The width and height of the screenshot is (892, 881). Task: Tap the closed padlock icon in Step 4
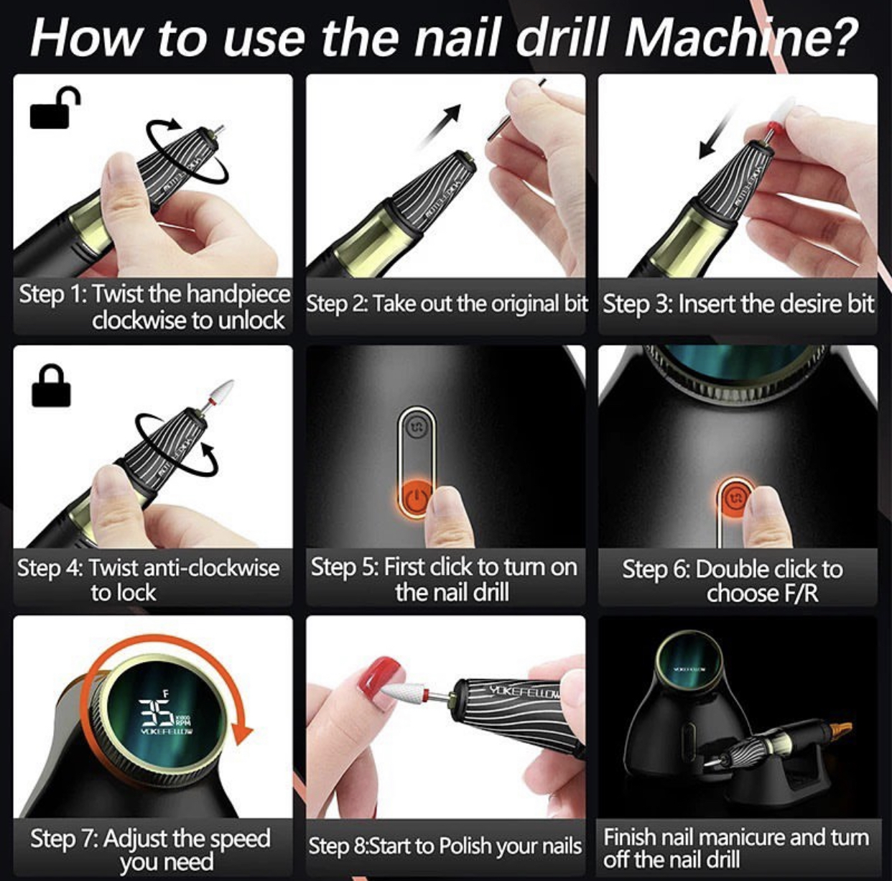[x=51, y=385]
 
